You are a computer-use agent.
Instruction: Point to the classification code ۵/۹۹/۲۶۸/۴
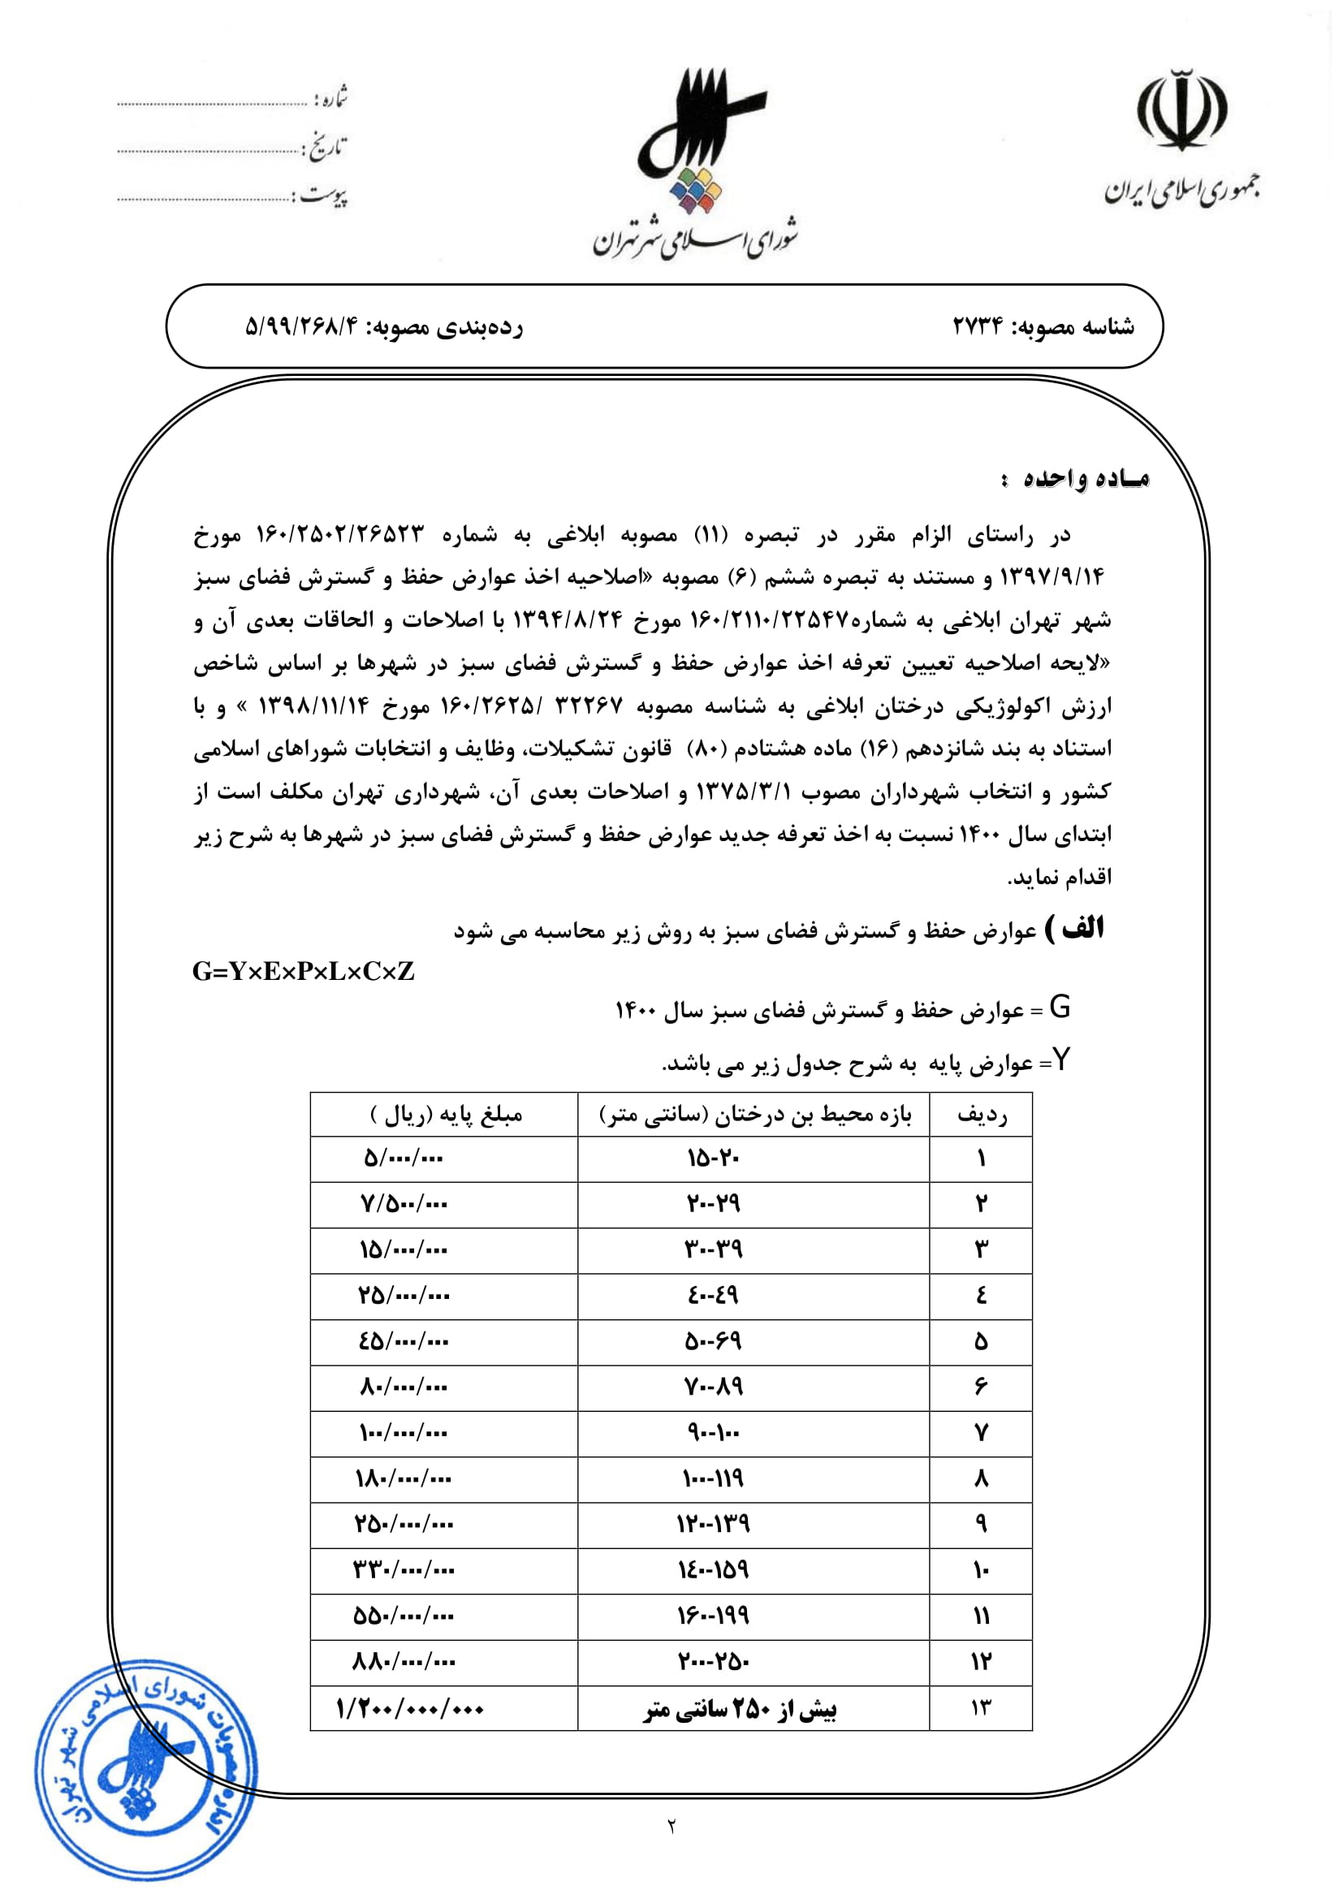pos(302,326)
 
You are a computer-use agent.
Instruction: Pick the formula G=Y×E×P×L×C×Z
pos(304,971)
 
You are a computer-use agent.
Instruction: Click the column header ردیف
pos(982,1115)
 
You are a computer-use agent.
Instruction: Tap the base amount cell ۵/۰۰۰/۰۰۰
pos(404,1158)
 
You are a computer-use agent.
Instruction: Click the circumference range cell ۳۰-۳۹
pos(713,1249)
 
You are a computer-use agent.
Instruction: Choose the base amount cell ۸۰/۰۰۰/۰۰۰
pos(404,1386)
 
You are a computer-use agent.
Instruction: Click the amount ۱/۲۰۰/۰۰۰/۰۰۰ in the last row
pos(409,1708)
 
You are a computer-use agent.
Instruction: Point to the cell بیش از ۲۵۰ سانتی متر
pos(741,1708)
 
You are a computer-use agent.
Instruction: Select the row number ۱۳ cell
pos(982,1708)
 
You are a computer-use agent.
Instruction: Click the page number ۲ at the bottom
pos(671,1825)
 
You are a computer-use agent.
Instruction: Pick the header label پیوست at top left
pos(323,196)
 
